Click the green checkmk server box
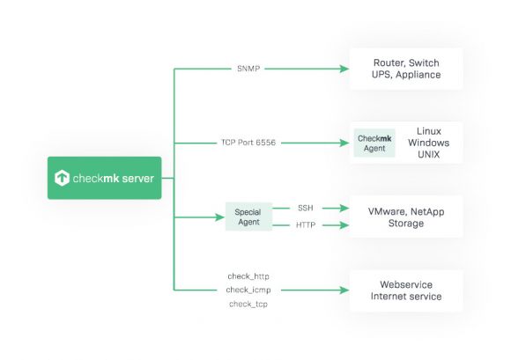[x=104, y=178]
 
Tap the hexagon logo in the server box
[x=62, y=178]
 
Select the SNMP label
[x=248, y=69]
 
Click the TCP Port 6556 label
[x=248, y=143]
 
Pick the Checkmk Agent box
[x=374, y=143]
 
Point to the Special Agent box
[x=248, y=217]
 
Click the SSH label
[x=306, y=208]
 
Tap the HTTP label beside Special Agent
[x=306, y=225]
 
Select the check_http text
[x=248, y=276]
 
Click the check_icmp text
[x=248, y=290]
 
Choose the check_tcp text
[x=248, y=304]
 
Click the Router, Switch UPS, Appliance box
[x=406, y=69]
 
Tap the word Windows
[x=428, y=143]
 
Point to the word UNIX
[x=428, y=154]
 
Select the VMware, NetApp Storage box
[x=406, y=217]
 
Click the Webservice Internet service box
[x=406, y=290]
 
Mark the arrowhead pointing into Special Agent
[x=220, y=217]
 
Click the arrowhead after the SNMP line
[x=344, y=69]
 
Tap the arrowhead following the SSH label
[x=344, y=208]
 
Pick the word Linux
[x=429, y=131]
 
